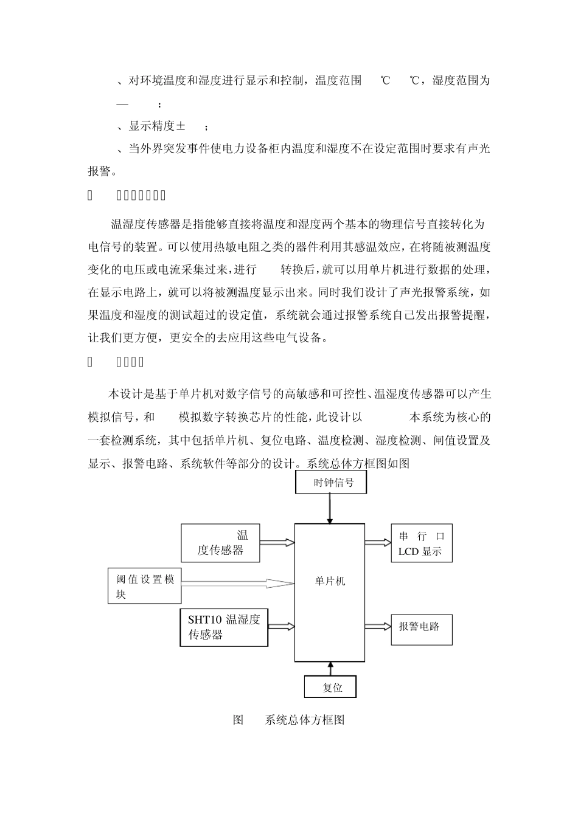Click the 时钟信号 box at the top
(330, 483)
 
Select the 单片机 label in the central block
(330, 581)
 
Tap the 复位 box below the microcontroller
(330, 688)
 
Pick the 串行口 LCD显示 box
(422, 544)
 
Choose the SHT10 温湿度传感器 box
(224, 627)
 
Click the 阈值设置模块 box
(145, 586)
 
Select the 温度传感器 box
(220, 543)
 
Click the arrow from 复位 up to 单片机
(330, 669)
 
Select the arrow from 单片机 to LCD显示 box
(378, 542)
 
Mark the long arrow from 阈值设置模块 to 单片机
(237, 583)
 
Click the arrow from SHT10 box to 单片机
(281, 625)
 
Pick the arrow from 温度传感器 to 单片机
(277, 542)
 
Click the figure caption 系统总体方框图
(305, 720)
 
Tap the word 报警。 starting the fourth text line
(102, 171)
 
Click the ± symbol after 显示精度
(181, 126)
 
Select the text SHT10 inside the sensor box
(204, 620)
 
